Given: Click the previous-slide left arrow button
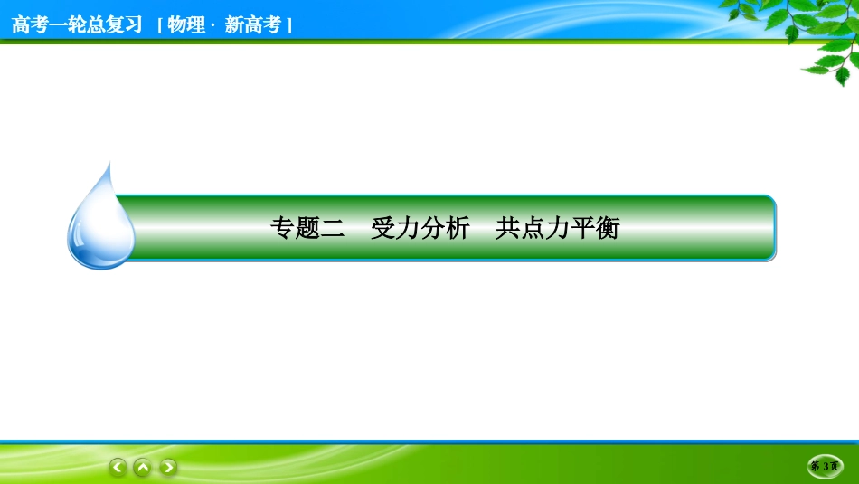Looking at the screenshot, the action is pyautogui.click(x=118, y=467).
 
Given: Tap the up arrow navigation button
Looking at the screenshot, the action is pyautogui.click(x=143, y=467).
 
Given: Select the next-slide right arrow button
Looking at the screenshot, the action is pyautogui.click(x=168, y=467).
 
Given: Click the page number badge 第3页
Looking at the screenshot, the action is pyautogui.click(x=825, y=467).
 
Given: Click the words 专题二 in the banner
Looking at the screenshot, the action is pyautogui.click(x=307, y=228).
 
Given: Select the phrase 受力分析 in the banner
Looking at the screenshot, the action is pyautogui.click(x=420, y=228).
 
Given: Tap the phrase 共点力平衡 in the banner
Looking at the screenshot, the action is pyautogui.click(x=558, y=228).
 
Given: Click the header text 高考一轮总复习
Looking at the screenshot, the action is pyautogui.click(x=77, y=24).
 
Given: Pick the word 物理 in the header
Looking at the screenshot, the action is pyautogui.click(x=186, y=24).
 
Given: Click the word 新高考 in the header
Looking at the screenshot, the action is pyautogui.click(x=253, y=24).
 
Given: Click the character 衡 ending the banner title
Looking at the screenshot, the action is pyautogui.click(x=608, y=228).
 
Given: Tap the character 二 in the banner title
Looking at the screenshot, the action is pyautogui.click(x=333, y=228).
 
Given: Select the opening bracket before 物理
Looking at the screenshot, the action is pyautogui.click(x=160, y=25).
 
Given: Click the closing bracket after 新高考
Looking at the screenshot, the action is pyautogui.click(x=288, y=25).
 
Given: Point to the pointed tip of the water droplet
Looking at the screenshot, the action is pyautogui.click(x=109, y=164).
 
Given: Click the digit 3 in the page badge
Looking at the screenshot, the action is pyautogui.click(x=826, y=467).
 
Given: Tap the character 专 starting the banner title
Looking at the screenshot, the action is pyautogui.click(x=283, y=228).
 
